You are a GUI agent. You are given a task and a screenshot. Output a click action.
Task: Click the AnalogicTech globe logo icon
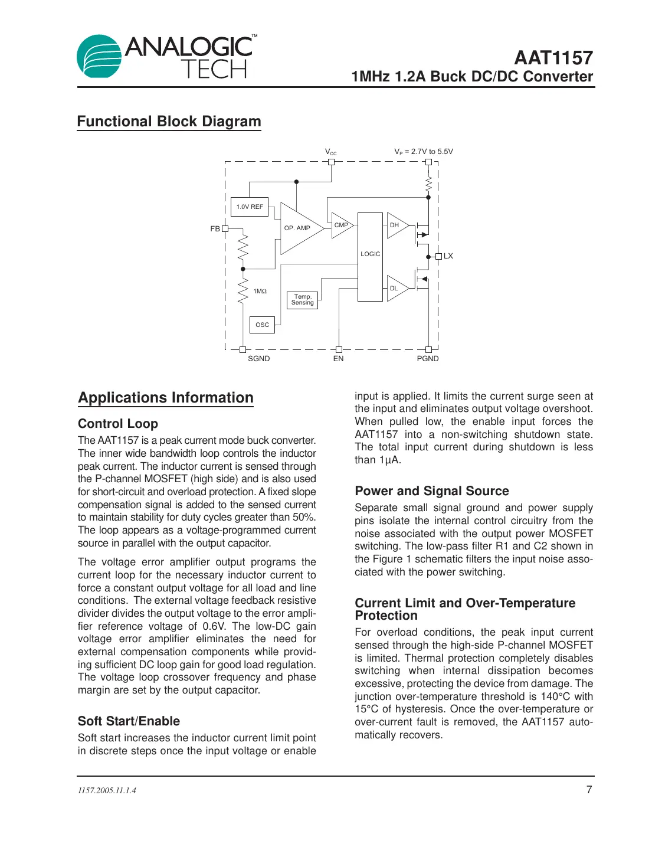pos(99,57)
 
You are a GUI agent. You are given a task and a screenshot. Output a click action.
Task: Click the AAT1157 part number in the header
pos(553,58)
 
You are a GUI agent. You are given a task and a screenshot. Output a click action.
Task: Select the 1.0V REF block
pos(250,207)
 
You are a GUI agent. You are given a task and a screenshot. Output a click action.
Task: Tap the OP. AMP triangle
pos(298,228)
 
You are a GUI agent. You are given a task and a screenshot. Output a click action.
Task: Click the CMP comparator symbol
pos(340,225)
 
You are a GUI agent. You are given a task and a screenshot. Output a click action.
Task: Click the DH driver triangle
pos(395,225)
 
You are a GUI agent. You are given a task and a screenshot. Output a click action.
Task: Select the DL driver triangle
pos(395,289)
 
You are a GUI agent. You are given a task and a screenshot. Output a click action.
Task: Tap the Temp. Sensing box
pos(302,300)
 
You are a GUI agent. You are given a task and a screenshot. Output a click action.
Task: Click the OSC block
pos(262,325)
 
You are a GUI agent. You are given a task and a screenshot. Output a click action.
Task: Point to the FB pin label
pos(215,229)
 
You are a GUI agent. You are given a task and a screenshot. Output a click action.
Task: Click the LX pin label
pos(448,256)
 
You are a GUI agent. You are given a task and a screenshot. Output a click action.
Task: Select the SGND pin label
pos(258,359)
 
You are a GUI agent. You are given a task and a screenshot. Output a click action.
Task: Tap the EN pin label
pos(338,359)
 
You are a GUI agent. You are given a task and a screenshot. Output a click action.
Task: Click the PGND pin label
pos(428,359)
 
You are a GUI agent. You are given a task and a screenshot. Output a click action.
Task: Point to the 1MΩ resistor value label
pos(260,292)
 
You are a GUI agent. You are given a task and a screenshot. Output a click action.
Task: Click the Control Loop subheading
pos(118,424)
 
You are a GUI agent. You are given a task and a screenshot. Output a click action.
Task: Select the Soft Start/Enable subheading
pos(129,721)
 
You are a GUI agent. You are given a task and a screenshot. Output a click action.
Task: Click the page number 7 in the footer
pos(589,790)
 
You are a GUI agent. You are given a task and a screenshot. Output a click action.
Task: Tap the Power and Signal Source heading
pos(432,491)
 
